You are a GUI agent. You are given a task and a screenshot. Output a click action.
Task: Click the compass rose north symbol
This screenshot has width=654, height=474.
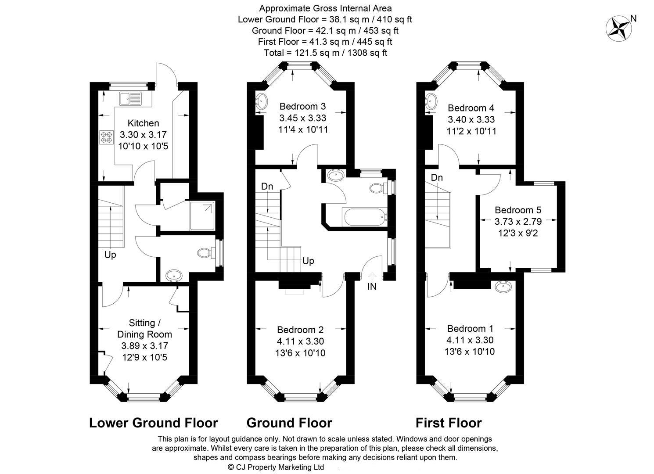coord(618,29)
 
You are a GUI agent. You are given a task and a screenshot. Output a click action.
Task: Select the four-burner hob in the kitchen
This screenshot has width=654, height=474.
coord(106,137)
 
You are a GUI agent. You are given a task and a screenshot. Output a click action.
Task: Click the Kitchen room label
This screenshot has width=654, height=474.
coord(143,123)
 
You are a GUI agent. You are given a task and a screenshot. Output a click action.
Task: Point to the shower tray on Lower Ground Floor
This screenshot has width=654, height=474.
coord(202,215)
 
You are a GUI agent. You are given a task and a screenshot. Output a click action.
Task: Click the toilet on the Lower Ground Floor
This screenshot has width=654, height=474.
coord(205,253)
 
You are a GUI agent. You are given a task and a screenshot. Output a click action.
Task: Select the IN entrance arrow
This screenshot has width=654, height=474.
coord(372,276)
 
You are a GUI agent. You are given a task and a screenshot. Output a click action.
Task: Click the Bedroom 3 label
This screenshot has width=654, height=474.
coord(302,106)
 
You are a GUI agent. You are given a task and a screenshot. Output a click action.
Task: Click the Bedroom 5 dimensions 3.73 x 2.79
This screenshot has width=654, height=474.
coord(518,222)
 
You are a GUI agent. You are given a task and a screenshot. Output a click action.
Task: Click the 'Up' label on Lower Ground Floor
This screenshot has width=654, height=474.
coord(110,255)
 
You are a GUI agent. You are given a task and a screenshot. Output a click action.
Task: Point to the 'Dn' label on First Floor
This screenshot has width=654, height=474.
coord(437,178)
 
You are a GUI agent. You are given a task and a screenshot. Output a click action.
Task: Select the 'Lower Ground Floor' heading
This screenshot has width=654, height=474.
coord(153,423)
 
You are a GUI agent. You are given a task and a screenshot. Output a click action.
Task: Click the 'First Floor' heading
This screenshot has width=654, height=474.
coord(449,423)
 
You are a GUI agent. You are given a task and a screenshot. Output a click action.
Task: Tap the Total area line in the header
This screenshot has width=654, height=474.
coord(325,53)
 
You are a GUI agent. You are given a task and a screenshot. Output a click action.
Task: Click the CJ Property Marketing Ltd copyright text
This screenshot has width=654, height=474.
coord(276,467)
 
